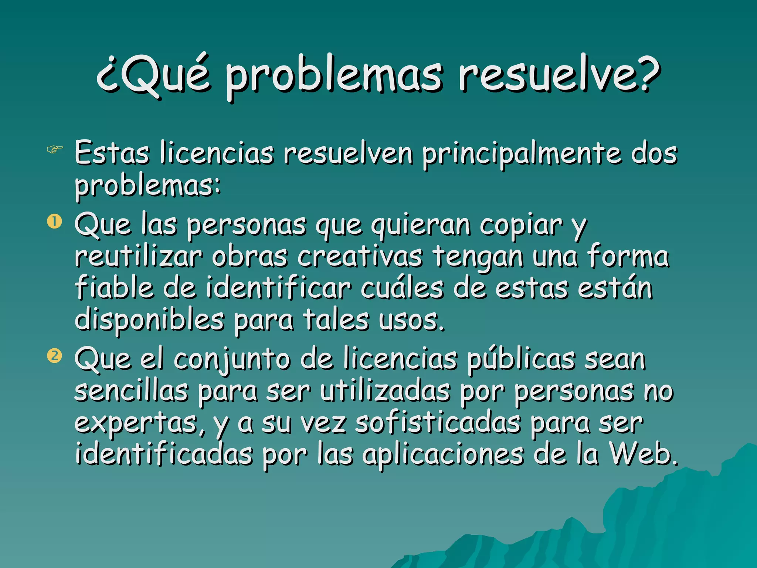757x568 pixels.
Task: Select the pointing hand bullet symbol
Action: (x=55, y=150)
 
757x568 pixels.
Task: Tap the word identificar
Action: (x=278, y=288)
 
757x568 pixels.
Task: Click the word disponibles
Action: (x=149, y=320)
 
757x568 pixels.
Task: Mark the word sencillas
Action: (x=131, y=391)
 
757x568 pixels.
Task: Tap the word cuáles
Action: (x=401, y=288)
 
